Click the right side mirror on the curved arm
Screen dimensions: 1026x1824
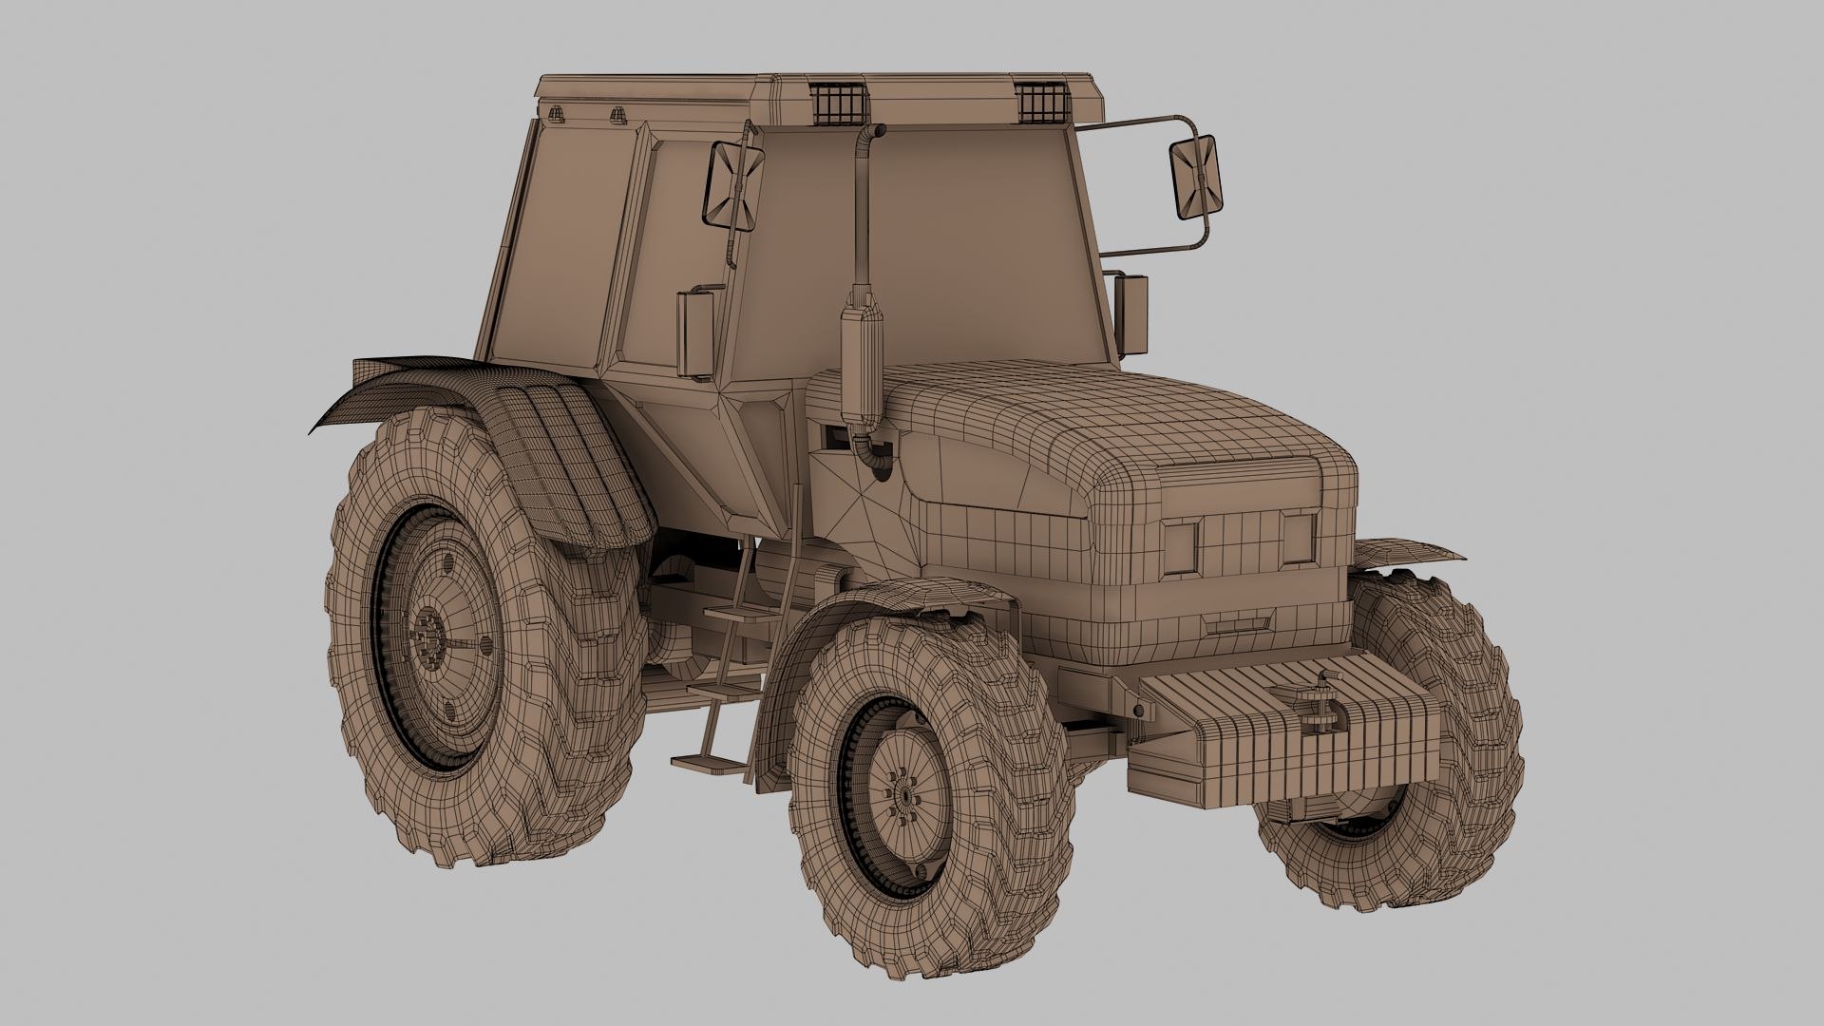1195,176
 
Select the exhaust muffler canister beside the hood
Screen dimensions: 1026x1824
863,356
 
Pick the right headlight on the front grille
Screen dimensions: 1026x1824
1296,537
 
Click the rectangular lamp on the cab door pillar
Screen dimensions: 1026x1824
692,328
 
